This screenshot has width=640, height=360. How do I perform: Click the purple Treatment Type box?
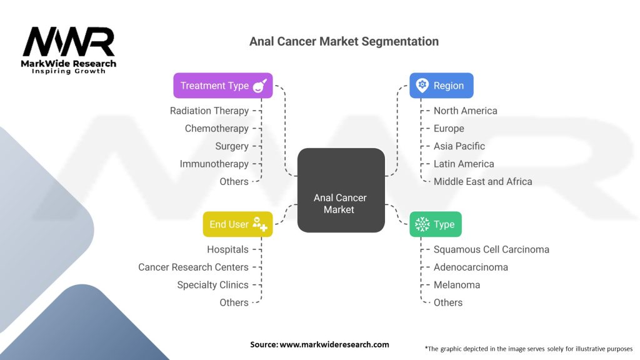223,86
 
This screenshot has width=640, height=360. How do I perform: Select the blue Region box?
441,86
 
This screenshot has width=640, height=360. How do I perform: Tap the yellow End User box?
237,224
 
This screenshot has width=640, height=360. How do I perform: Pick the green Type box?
436,224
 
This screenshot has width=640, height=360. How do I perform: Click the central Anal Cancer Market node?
341,190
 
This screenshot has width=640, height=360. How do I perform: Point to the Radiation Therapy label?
209,111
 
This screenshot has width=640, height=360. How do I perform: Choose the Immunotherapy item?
214,164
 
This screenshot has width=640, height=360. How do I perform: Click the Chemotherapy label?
217,129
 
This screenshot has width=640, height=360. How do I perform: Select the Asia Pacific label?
459,146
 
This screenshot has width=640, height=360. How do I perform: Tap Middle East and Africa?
483,182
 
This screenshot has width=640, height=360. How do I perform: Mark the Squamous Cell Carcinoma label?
491,249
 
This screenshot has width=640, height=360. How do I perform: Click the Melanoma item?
457,285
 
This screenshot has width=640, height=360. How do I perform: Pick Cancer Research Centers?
193,267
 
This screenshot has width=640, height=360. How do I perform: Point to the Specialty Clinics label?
212,285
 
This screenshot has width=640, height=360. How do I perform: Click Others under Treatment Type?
234,182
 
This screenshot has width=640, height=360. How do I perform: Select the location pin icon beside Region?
422,86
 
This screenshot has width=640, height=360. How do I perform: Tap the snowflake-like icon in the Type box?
422,224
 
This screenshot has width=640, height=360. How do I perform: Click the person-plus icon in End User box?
259,224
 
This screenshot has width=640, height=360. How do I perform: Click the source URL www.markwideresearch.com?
334,344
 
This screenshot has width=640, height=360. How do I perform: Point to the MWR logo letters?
69,42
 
